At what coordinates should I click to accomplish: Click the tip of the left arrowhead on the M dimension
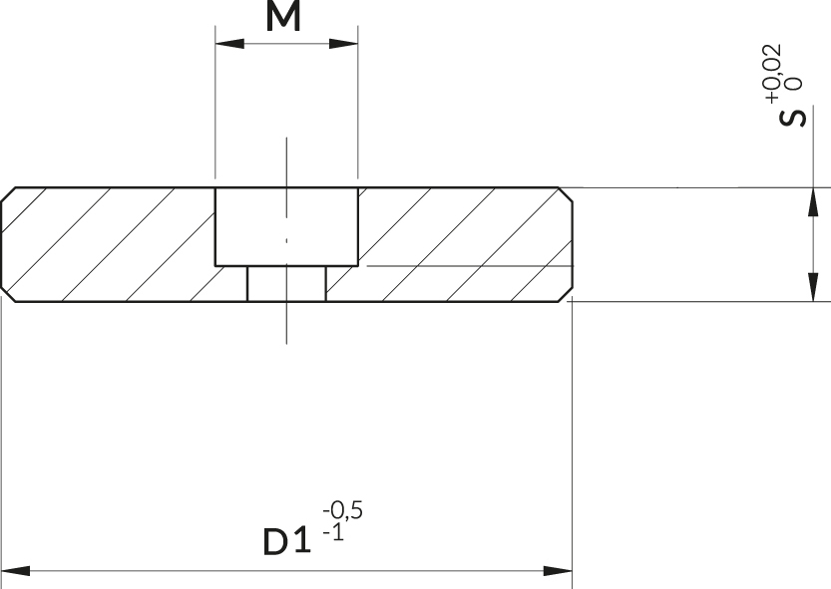point(215,44)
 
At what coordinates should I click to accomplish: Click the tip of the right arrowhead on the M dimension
point(358,44)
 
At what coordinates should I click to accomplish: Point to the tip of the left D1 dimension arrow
point(2,571)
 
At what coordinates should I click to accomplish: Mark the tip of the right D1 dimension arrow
point(573,571)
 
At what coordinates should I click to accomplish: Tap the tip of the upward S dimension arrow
point(813,188)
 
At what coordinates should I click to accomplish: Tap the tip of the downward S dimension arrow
point(813,301)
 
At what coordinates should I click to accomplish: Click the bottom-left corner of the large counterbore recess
point(215,265)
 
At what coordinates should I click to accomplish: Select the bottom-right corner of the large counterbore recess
point(358,265)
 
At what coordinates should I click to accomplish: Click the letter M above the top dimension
point(283,16)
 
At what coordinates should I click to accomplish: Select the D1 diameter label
point(286,541)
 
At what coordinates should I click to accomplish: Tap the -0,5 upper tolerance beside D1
point(343,510)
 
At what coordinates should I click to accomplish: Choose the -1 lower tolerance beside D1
point(333,532)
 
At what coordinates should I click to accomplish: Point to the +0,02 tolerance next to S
point(772,73)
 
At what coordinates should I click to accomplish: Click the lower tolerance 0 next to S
point(795,83)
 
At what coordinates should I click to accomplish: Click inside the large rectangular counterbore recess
point(286,226)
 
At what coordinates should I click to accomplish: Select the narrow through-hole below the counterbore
point(286,283)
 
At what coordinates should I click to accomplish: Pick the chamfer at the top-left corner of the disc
point(8,194)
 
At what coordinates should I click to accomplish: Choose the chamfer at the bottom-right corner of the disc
point(566,295)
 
